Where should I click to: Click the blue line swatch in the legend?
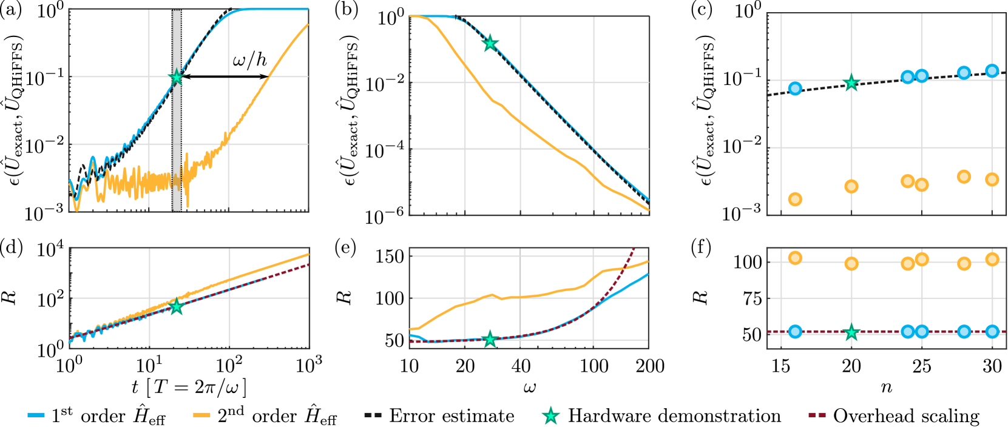point(36,415)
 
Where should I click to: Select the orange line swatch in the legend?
point(201,415)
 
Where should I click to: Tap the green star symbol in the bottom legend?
point(550,415)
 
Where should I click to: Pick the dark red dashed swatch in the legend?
point(817,415)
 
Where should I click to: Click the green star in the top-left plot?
point(177,77)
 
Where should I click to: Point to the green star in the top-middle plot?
point(490,43)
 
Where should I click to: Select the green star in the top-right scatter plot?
point(851,83)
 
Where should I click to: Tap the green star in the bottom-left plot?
point(177,306)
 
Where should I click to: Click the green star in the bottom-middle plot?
point(490,339)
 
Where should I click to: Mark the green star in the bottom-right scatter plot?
point(851,332)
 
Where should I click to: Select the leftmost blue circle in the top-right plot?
point(795,89)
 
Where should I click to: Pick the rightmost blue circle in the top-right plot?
point(992,71)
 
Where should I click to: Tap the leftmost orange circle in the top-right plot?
point(795,199)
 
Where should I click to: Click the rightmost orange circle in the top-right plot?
point(992,180)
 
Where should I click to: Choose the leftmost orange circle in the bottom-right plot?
point(795,258)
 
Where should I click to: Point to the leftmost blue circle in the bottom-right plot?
point(795,331)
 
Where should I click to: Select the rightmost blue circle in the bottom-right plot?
point(992,331)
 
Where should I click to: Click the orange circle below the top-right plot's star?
point(851,186)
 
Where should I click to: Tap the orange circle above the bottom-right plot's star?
point(851,263)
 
